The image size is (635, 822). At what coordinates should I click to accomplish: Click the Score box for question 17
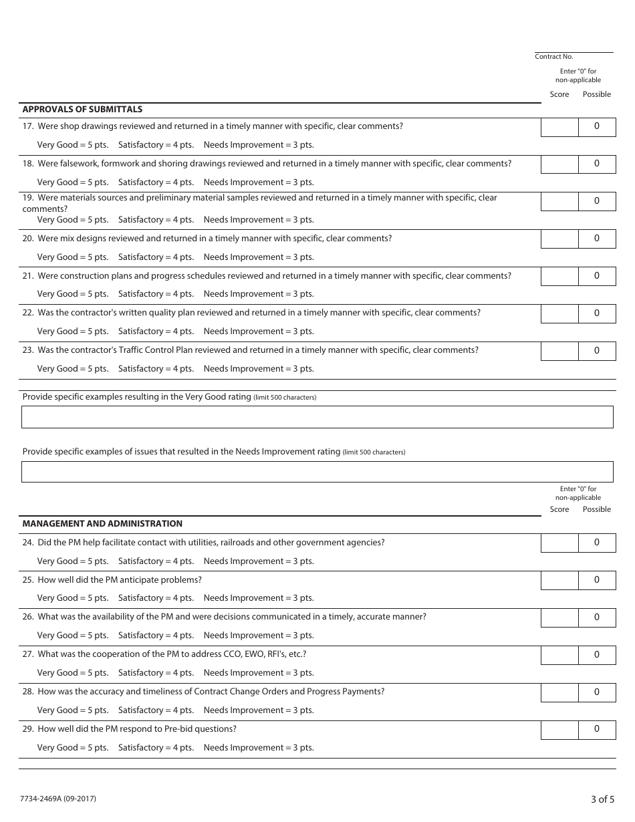tap(559, 127)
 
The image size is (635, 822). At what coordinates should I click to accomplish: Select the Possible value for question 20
tap(597, 239)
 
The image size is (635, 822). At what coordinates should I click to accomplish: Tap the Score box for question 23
tap(559, 351)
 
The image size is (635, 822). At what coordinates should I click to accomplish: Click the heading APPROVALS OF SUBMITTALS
tap(82, 110)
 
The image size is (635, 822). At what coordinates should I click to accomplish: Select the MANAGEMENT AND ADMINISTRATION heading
tap(102, 524)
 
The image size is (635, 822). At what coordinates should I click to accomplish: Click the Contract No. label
tap(554, 57)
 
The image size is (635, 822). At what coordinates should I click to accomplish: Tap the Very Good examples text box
tap(317, 417)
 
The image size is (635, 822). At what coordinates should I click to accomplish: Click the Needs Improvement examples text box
tap(317, 472)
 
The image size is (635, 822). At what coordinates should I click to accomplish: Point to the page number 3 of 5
tap(602, 799)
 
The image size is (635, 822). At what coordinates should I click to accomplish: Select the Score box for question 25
tap(559, 580)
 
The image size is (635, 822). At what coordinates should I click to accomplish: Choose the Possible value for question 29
tap(597, 729)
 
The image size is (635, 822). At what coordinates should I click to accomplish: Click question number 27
tap(28, 654)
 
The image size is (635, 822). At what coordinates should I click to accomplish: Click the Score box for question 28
tap(559, 692)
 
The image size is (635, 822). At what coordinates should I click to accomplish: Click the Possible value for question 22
tap(597, 313)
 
